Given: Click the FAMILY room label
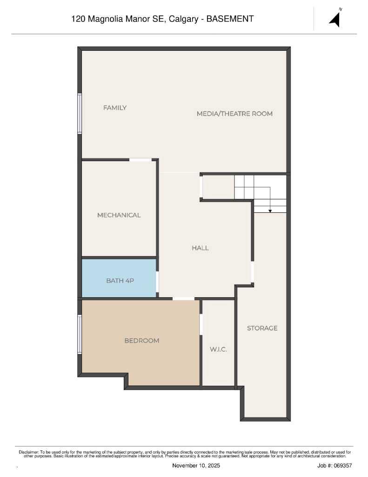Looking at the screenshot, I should [x=115, y=108].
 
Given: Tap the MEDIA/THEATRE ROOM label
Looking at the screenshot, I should [x=234, y=114].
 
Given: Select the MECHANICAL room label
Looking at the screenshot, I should [x=119, y=215].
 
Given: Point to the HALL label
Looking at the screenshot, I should [x=200, y=248].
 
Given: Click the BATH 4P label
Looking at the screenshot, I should [x=120, y=280].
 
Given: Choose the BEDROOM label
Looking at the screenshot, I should [x=141, y=341].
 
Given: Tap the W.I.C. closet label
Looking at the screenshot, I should [x=218, y=349].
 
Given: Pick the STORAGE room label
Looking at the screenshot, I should [x=262, y=328].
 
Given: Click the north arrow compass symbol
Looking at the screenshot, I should [x=335, y=19].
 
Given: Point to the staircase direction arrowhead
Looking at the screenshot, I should [x=270, y=211].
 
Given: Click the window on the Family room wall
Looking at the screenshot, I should [x=80, y=114].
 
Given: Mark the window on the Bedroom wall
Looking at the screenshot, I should [x=80, y=334].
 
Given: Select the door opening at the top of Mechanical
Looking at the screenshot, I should [x=140, y=160].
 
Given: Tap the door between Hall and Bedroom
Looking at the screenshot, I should [x=183, y=298].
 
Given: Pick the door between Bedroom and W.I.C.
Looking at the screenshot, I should [x=201, y=324].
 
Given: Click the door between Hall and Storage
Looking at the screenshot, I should [x=253, y=272].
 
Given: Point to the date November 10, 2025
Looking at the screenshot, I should [x=196, y=465].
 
